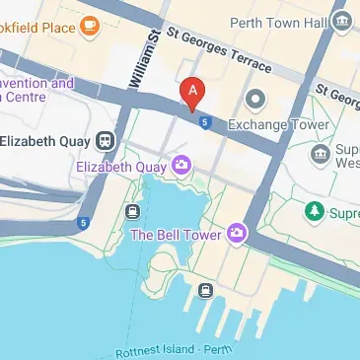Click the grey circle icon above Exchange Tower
click(x=256, y=98)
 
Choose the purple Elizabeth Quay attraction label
click(x=122, y=168)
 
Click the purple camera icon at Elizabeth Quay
click(x=181, y=166)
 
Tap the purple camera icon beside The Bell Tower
click(x=236, y=233)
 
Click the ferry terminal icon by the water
click(x=205, y=290)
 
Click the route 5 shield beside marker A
click(x=204, y=121)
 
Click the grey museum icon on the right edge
click(x=320, y=154)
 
